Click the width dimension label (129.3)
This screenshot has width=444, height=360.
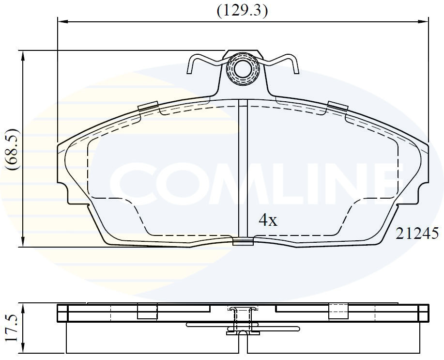(242, 11)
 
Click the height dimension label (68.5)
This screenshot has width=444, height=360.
(13, 149)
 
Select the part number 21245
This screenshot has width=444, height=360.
(417, 233)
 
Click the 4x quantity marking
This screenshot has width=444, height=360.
(268, 220)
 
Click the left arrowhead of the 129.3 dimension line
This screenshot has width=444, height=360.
(63, 21)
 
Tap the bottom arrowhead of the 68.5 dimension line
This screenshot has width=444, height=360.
(23, 241)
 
